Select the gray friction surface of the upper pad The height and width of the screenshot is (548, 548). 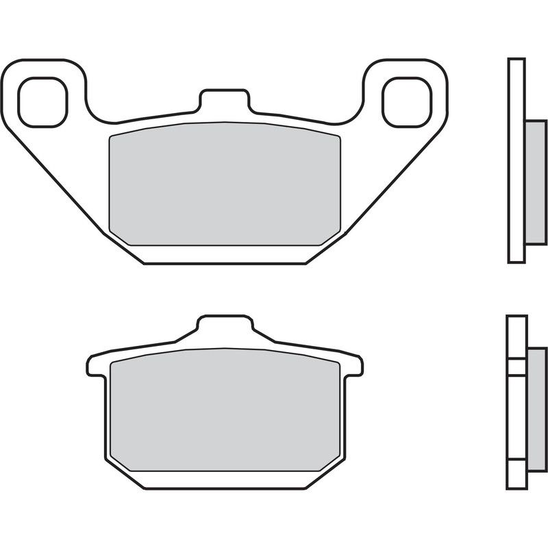(x=224, y=185)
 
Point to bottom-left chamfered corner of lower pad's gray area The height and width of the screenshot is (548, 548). (x=118, y=462)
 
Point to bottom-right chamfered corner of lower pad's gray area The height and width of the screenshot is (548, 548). (x=331, y=462)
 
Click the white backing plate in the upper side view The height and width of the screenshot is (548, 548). (x=516, y=161)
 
